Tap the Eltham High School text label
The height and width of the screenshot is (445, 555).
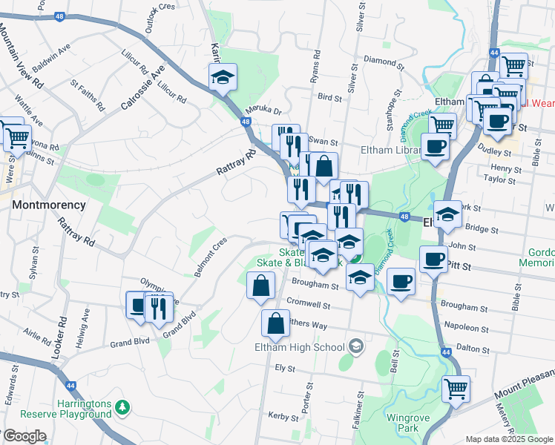(300, 347)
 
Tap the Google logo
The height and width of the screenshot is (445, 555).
(24, 436)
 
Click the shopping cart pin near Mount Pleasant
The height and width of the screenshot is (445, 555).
(456, 388)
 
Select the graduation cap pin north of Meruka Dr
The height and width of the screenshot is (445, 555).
(221, 77)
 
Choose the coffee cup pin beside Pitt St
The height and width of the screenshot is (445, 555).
(434, 260)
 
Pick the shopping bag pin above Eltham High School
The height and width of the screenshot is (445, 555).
(275, 323)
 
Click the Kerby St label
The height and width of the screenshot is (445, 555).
(283, 418)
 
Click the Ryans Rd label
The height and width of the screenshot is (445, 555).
(315, 65)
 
